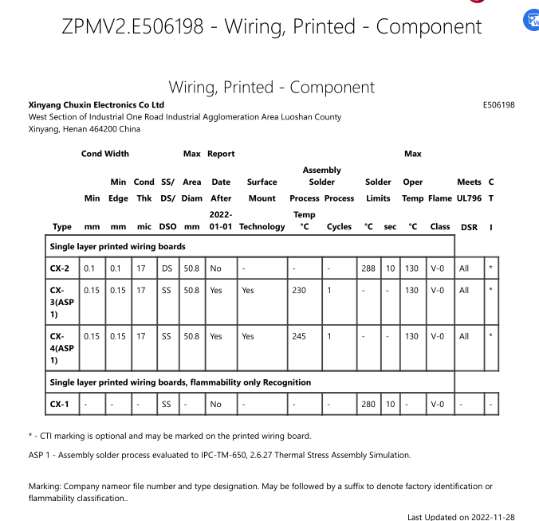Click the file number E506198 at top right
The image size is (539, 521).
tap(498, 105)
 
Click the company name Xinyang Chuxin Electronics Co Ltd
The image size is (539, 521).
tap(96, 105)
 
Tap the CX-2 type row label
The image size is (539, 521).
tap(60, 268)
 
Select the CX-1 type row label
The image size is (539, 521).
tap(60, 405)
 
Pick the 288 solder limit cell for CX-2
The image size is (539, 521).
tap(368, 268)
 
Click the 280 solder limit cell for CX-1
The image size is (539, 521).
tap(368, 405)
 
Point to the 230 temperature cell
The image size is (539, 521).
tap(298, 291)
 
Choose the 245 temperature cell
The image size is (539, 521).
tap(298, 336)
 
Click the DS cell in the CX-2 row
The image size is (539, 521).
tap(167, 268)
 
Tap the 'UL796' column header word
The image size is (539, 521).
tap(469, 198)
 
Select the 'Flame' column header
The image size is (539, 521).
tap(439, 198)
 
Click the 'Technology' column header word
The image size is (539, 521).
tap(262, 227)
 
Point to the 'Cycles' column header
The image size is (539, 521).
tap(339, 227)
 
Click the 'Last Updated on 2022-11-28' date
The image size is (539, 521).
tap(461, 517)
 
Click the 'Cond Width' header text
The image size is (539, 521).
tap(104, 154)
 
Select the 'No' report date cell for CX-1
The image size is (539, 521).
tap(215, 405)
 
